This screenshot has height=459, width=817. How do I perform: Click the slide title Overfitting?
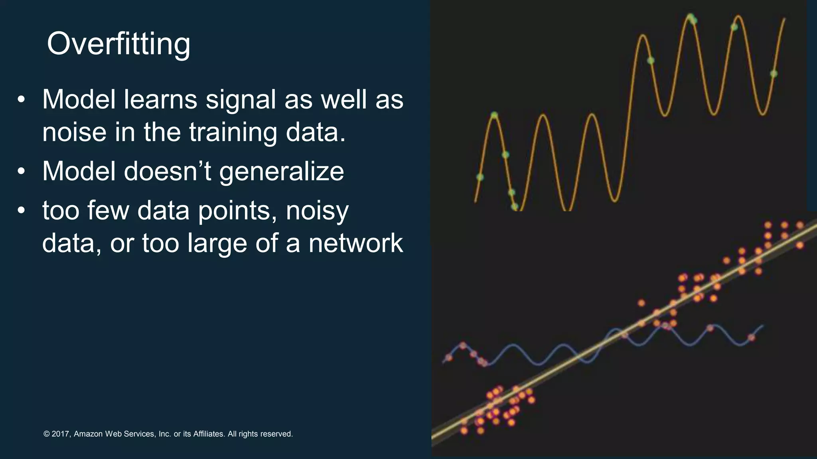pos(118,44)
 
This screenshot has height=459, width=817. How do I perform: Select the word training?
pos(233,133)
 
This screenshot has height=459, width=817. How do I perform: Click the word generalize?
pos(281,171)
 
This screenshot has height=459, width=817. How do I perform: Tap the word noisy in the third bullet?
pos(317,211)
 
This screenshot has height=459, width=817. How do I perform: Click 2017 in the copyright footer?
pos(61,434)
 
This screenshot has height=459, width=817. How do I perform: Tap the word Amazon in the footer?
pos(88,434)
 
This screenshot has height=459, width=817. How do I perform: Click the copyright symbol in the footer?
pos(46,434)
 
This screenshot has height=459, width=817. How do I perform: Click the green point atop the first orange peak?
pos(494,115)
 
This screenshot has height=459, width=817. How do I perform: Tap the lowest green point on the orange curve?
pos(515,206)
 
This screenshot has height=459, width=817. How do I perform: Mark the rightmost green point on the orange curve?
pos(774,74)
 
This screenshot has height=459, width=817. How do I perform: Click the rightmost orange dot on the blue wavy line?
pos(752,337)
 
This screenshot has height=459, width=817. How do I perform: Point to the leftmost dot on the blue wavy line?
pos(449,357)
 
